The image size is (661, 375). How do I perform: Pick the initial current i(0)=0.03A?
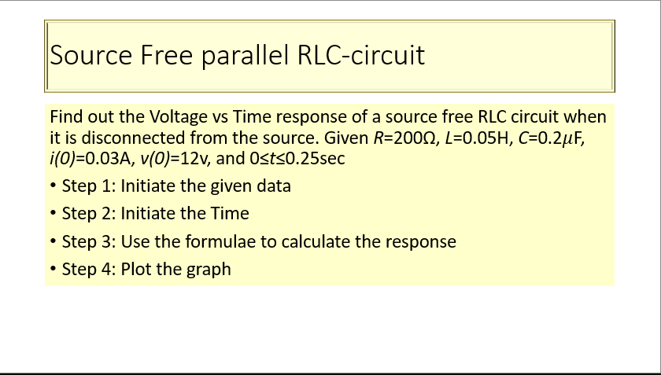[x=82, y=158]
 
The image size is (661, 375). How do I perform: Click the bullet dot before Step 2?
[x=53, y=214]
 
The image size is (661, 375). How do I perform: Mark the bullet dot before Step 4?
[x=53, y=269]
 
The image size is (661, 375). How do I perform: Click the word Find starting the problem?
[x=66, y=117]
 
